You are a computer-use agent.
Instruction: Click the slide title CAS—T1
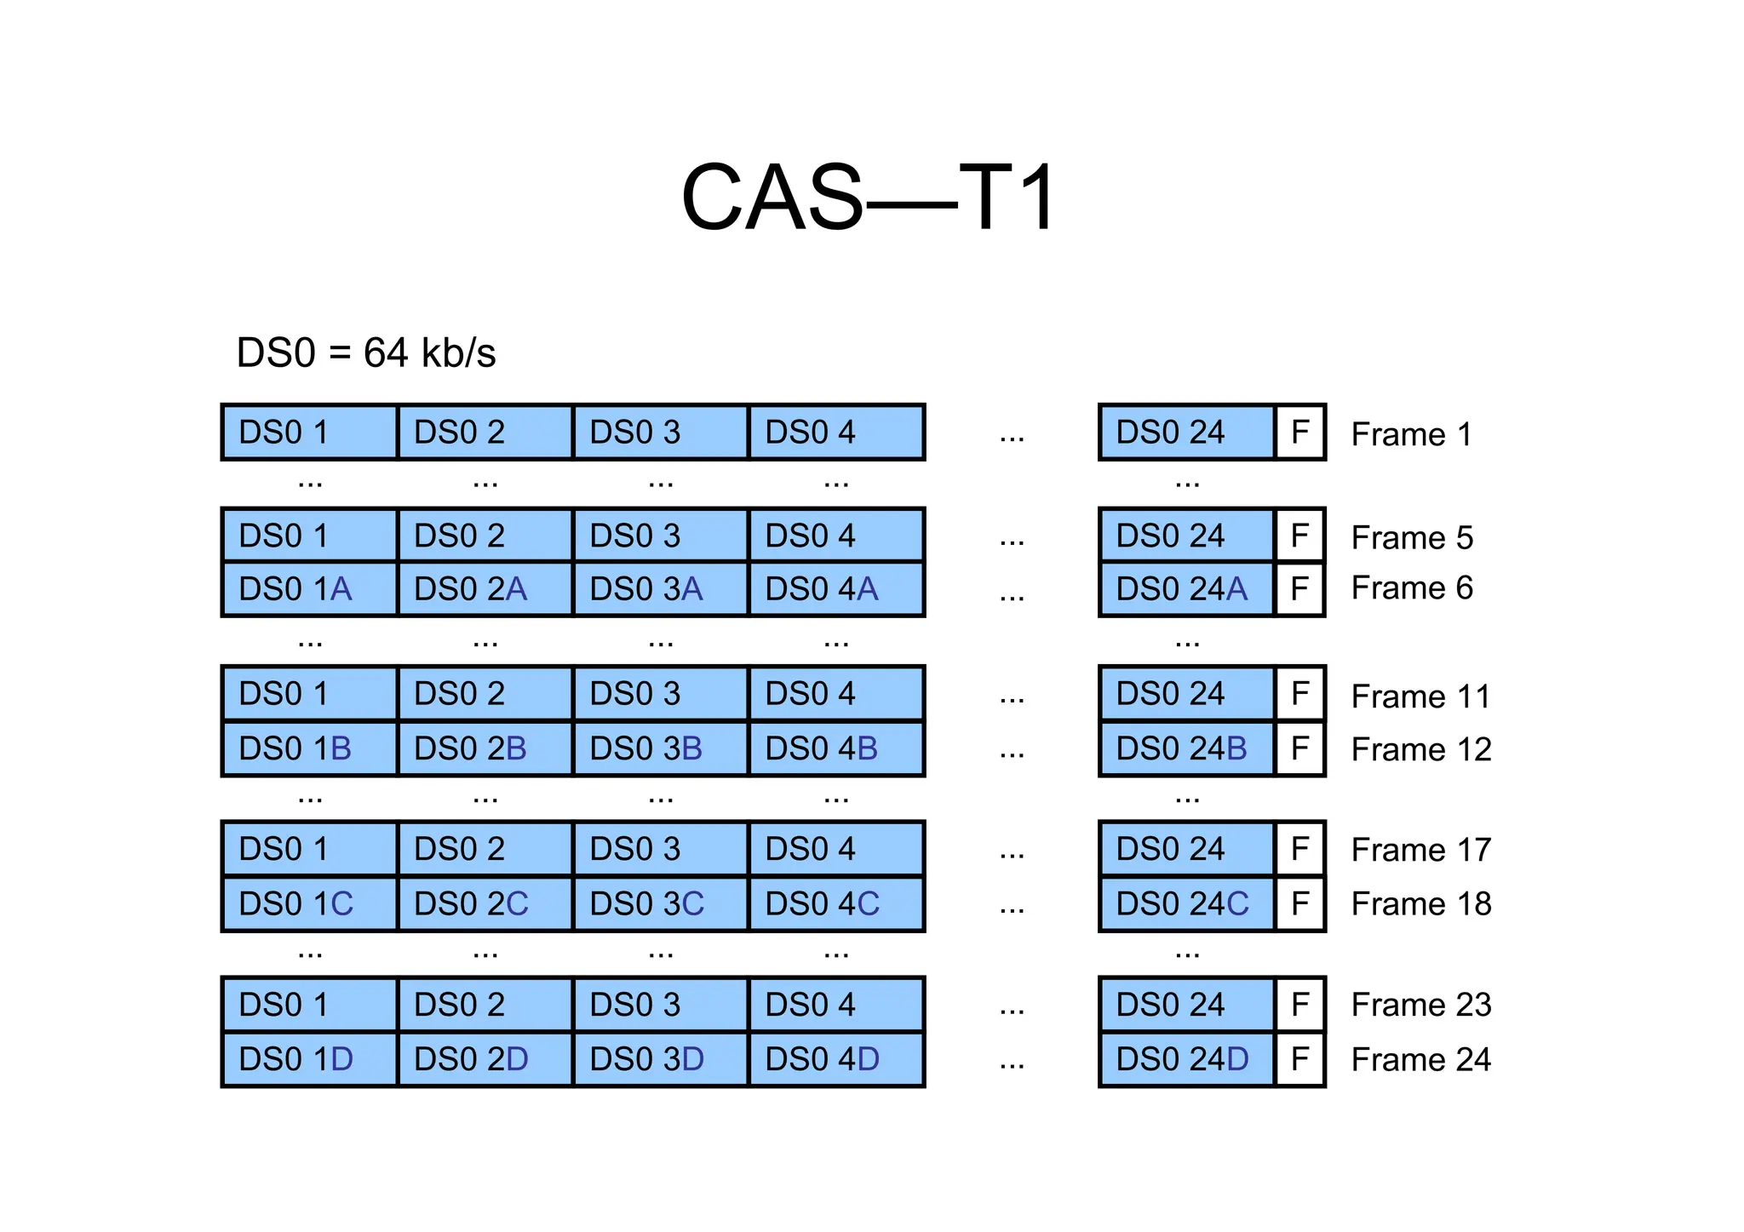(869, 198)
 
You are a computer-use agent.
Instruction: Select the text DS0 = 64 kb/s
(365, 352)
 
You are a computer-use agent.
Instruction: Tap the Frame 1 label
(1411, 434)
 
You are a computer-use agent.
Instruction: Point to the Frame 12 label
(1420, 749)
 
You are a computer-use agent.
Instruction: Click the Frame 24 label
(1420, 1059)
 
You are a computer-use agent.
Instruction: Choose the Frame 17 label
(1420, 850)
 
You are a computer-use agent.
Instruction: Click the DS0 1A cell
(309, 589)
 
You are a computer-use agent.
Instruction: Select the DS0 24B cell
(1186, 748)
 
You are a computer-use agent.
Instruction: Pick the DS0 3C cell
(660, 903)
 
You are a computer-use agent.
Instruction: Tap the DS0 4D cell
(835, 1059)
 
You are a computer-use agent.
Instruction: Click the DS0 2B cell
(485, 748)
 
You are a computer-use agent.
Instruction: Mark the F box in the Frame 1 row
(1299, 433)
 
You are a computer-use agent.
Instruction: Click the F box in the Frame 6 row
(1299, 588)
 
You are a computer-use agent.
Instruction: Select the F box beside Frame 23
(1299, 1005)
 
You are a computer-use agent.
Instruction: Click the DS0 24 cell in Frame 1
(1186, 433)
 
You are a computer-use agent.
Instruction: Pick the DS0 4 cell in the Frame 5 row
(835, 536)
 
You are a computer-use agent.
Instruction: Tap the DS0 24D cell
(1186, 1059)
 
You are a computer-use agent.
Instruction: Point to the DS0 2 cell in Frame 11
(485, 694)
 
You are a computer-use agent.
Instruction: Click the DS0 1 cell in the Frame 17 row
(309, 849)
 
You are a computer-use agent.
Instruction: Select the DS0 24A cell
(1186, 589)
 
